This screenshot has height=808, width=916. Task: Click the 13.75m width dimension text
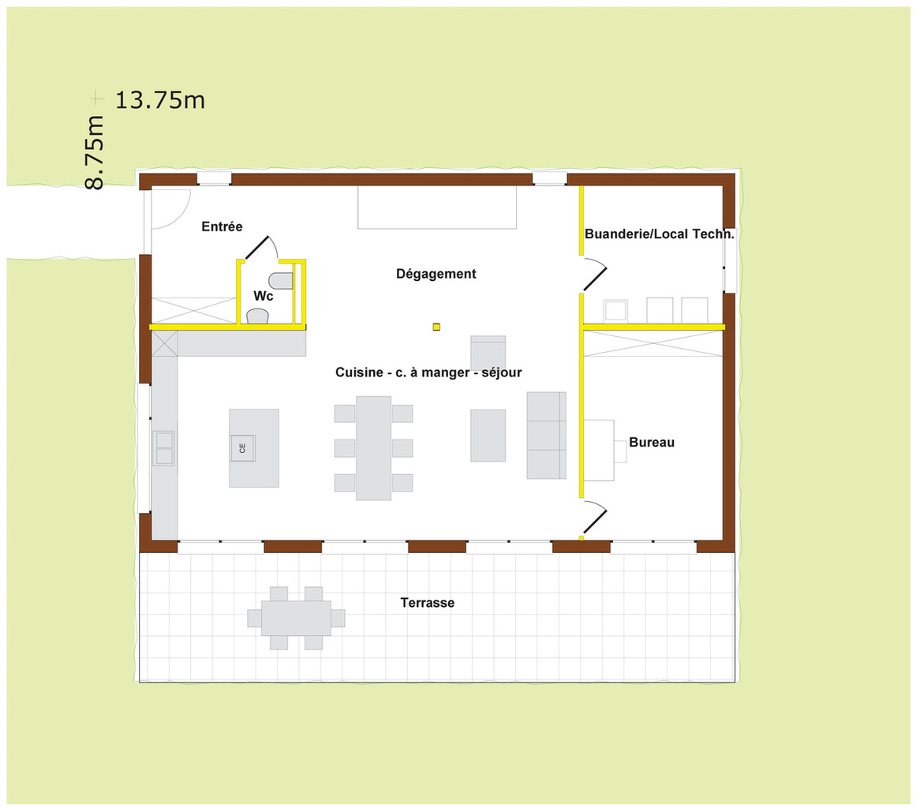click(x=160, y=100)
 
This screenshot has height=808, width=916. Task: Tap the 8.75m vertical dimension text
click(x=95, y=152)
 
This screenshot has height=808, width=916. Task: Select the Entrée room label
click(x=222, y=226)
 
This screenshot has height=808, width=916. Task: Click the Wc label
click(x=263, y=296)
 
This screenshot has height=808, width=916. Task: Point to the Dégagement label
click(x=436, y=274)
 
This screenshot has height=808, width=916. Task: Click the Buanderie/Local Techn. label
click(x=659, y=234)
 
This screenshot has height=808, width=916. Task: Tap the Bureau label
click(x=652, y=442)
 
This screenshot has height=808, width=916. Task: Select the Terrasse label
click(x=427, y=602)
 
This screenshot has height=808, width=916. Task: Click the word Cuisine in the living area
click(x=359, y=372)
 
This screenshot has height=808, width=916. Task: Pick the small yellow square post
click(x=436, y=327)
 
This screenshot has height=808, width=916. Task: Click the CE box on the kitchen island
click(x=242, y=448)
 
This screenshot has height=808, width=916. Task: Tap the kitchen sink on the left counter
click(x=164, y=448)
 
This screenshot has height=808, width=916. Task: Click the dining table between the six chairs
click(x=374, y=448)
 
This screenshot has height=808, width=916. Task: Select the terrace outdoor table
click(x=296, y=618)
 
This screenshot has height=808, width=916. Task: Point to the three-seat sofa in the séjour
click(x=547, y=436)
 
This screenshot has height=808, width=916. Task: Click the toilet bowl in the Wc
click(x=281, y=281)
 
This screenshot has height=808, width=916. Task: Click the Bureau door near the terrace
click(x=596, y=517)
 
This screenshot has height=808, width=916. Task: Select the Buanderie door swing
click(x=596, y=274)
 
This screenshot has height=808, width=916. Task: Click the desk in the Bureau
click(x=599, y=451)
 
